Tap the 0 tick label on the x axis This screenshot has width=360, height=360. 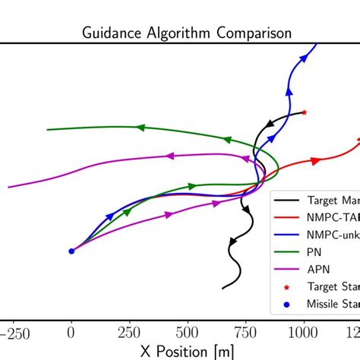[x=71, y=332]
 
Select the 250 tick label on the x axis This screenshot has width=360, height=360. [x=130, y=332]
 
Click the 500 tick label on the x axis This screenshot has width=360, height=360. [x=188, y=332]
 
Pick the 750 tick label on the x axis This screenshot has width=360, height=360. [x=246, y=332]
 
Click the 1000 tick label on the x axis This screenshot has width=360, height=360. [x=304, y=332]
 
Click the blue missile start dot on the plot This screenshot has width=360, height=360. [x=71, y=251]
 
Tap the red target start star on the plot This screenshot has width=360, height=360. [x=304, y=112]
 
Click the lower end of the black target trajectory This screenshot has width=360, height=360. [x=223, y=289]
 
